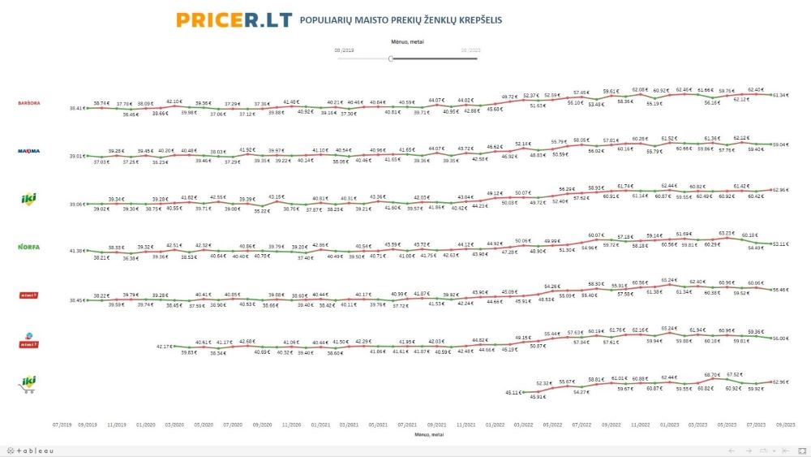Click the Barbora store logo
(x=29, y=103)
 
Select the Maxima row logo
(x=29, y=151)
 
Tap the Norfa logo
(x=29, y=246)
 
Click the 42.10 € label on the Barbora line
(x=174, y=101)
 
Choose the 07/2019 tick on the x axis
(x=62, y=423)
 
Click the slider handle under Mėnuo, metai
(x=391, y=58)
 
